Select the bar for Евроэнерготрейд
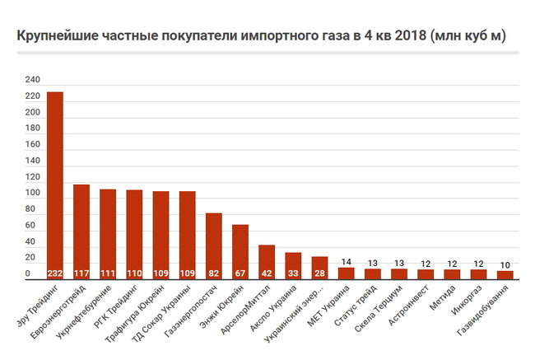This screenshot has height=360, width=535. click(81, 231)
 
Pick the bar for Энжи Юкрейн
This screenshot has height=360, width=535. click(240, 251)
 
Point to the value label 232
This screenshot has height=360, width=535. click(55, 273)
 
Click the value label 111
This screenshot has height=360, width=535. click(108, 273)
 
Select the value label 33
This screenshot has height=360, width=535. click(293, 273)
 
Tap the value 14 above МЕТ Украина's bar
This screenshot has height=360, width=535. click(346, 262)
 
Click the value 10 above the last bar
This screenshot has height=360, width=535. click(505, 264)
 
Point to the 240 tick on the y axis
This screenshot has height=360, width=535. click(32, 80)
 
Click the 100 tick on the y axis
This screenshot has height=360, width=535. click(32, 194)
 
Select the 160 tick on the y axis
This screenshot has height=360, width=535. click(32, 145)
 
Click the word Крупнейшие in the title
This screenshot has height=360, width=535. click(57, 36)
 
